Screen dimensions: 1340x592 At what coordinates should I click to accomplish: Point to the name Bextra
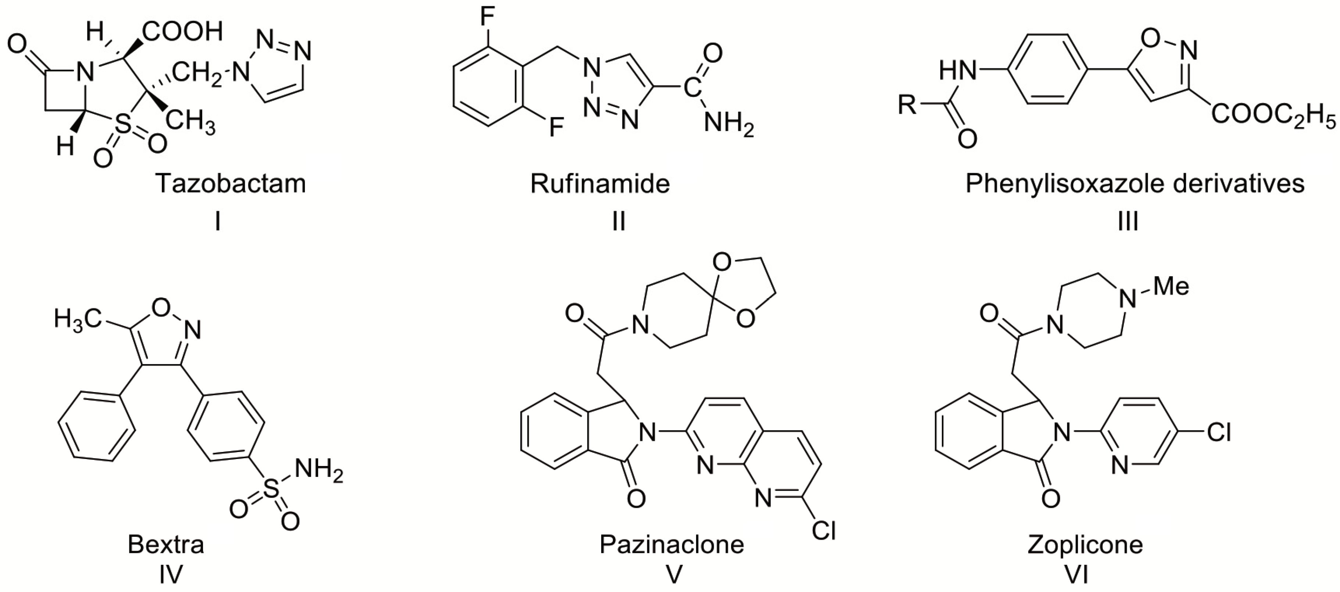pyautogui.click(x=166, y=545)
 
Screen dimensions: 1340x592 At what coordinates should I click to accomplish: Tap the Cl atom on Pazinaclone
pyautogui.click(x=823, y=530)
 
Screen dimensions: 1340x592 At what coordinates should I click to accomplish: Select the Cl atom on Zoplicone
pyautogui.click(x=1219, y=432)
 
